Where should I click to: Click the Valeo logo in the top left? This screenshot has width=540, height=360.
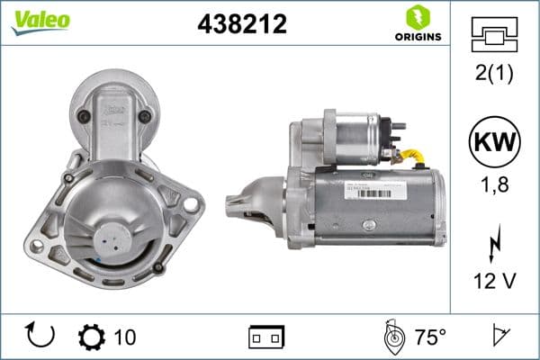(x=40, y=21)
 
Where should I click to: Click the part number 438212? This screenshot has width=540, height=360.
(x=241, y=25)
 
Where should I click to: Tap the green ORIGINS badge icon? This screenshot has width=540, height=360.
(x=417, y=17)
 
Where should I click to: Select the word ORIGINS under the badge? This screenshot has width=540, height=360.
(x=417, y=38)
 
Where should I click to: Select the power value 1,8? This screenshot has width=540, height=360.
(x=493, y=186)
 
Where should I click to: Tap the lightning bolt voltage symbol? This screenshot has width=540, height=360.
(x=493, y=244)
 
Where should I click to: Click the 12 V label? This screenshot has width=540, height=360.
(x=493, y=281)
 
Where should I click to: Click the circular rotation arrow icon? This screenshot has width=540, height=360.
(x=41, y=336)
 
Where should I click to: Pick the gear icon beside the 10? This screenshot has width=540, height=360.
(x=91, y=337)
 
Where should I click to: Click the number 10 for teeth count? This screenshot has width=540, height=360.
(x=125, y=337)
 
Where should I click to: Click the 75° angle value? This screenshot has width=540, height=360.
(x=430, y=337)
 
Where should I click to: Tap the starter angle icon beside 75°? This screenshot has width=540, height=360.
(x=393, y=337)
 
